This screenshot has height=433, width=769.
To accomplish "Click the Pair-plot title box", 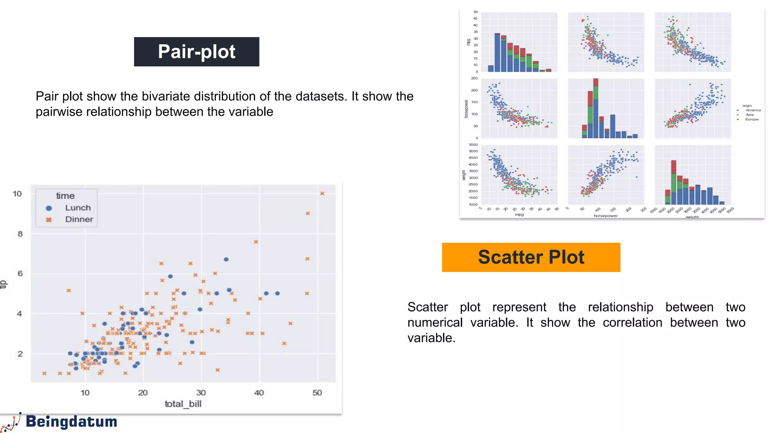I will tap(196, 52).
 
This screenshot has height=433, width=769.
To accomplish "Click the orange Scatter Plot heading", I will tap(531, 257).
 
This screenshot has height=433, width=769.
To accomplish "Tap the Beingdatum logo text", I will tap(71, 421).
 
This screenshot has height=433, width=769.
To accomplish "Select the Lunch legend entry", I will tap(78, 208).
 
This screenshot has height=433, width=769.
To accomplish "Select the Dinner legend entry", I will tap(79, 220).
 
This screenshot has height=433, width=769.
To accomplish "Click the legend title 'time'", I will tap(65, 196).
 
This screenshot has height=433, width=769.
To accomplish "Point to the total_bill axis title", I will tap(183, 404).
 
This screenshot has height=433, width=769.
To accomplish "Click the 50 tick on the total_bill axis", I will tap(317, 393).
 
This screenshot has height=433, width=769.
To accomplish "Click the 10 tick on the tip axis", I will tap(17, 194).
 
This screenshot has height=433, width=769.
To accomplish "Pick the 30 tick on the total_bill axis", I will tap(201, 393).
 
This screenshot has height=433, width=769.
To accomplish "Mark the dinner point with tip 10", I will tap(322, 194).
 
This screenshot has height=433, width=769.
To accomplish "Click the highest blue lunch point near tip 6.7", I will tap(226, 259).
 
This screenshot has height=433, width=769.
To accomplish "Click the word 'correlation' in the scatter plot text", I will tap(632, 322).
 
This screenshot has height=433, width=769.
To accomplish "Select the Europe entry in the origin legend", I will tap(752, 120).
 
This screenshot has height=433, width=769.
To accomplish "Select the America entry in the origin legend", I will tap(753, 111).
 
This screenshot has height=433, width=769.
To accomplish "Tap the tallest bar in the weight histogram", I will tap(673, 182).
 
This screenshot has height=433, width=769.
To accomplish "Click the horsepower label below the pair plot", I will tap(605, 216).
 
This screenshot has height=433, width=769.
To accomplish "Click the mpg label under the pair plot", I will tap(519, 215).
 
